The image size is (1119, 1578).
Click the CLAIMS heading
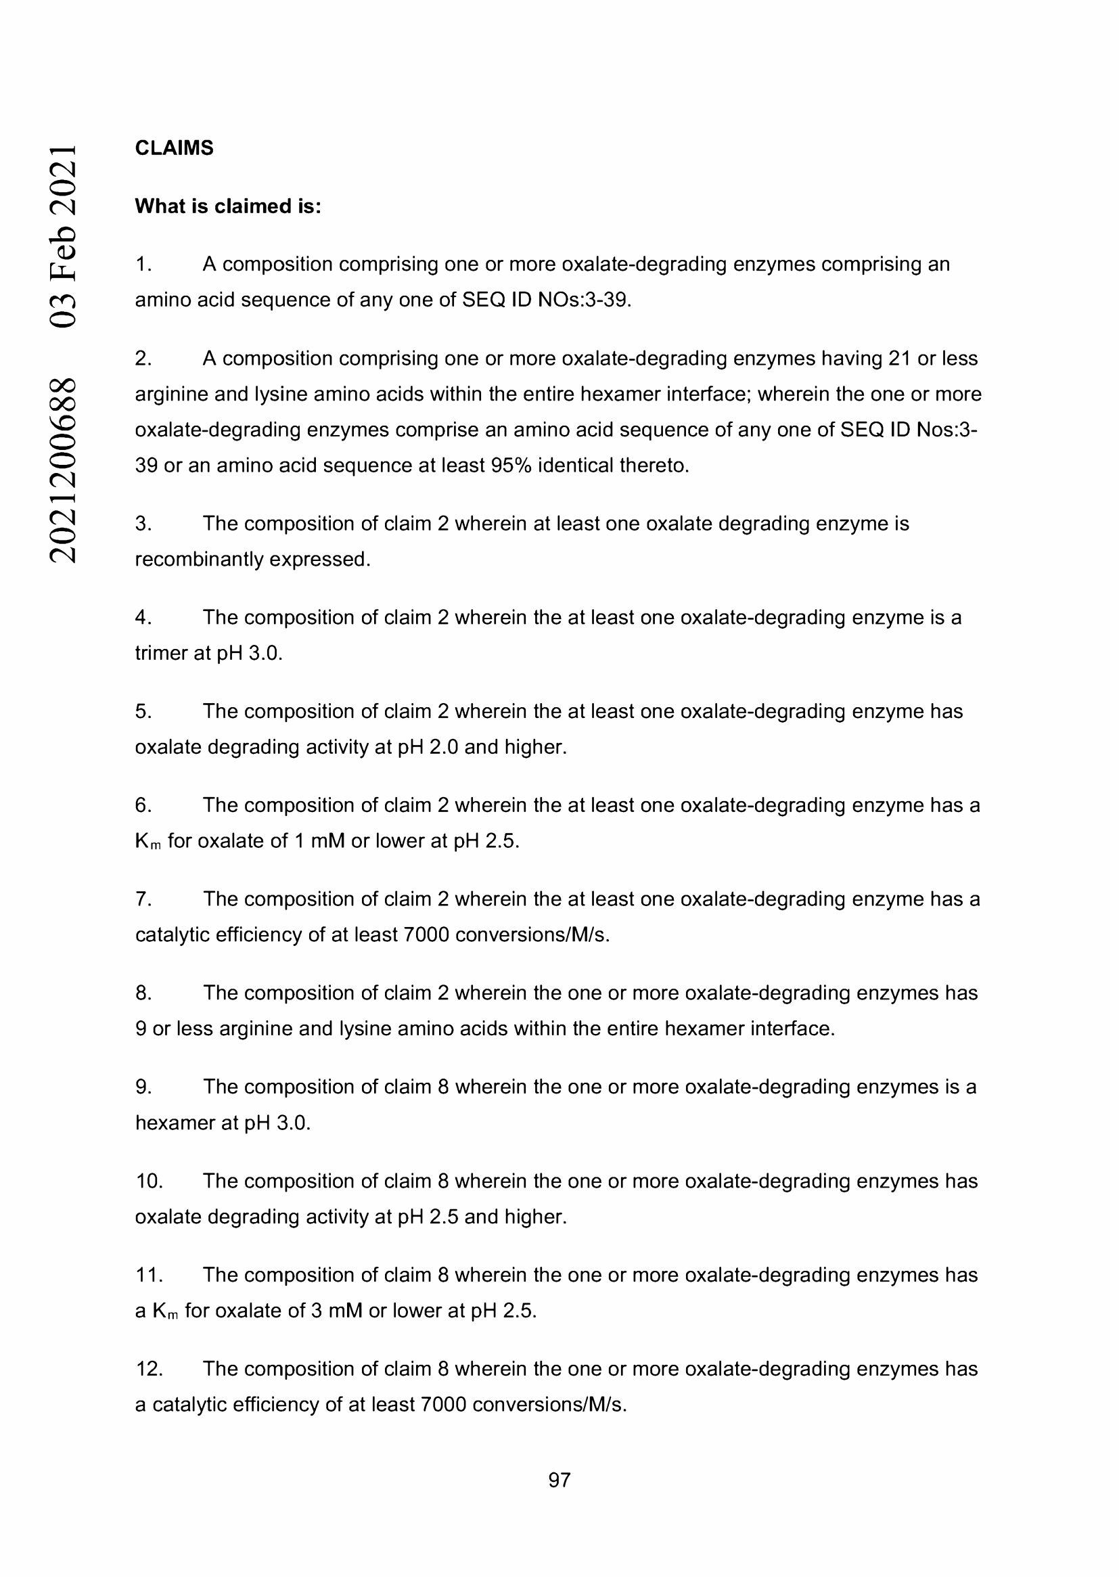click(174, 148)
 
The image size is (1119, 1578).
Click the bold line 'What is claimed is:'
click(228, 206)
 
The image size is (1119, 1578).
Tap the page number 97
click(559, 1479)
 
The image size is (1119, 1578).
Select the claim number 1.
click(143, 264)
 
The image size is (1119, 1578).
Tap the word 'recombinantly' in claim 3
click(199, 559)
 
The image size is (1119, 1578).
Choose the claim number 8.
click(143, 993)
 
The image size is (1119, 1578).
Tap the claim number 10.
click(148, 1180)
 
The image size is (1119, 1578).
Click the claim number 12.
click(148, 1368)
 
